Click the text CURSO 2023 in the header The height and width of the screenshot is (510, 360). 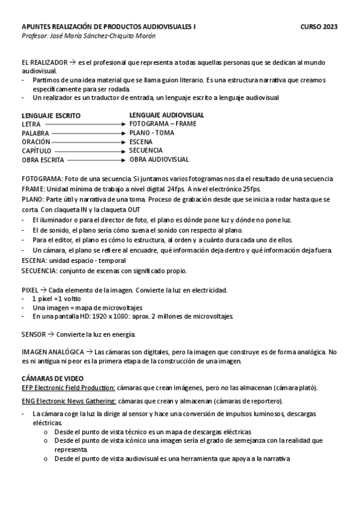(319, 27)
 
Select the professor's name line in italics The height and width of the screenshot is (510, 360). (88, 36)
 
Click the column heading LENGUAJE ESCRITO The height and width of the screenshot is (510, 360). (51, 115)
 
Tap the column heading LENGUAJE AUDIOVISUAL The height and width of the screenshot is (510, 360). (166, 114)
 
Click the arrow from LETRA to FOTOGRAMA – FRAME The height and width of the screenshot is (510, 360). (85, 124)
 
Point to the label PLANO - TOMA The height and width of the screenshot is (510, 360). (151, 132)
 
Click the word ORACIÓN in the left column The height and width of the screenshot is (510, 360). (36, 142)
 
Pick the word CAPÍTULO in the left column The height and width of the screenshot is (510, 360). (37, 151)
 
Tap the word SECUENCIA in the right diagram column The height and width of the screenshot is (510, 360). (146, 150)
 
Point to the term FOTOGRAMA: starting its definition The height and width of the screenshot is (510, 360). (41, 179)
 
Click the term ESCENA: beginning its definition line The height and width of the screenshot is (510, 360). (35, 260)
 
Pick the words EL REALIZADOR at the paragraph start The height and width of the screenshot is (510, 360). (43, 62)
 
